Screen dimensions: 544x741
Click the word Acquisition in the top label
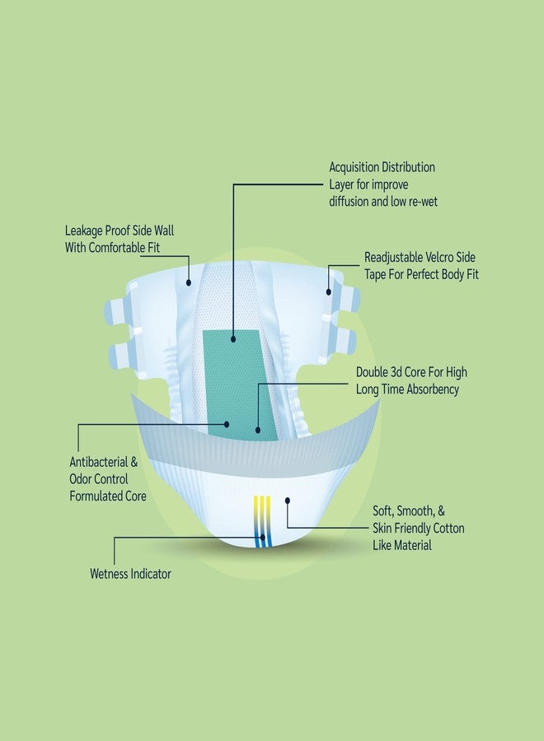coord(354,168)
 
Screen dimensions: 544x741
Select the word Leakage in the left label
coord(83,231)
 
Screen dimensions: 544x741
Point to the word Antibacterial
coord(98,462)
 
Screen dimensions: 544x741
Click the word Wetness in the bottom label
coord(108,574)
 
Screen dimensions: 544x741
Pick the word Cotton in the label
coord(447,528)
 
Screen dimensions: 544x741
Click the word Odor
coord(82,478)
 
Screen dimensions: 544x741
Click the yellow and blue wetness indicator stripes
coord(262,522)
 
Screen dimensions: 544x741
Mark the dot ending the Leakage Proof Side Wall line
coord(189,282)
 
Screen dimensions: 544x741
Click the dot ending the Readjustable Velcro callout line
coord(329,292)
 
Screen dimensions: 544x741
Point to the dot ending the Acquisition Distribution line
coord(233,339)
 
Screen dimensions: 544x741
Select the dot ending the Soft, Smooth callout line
coord(288,501)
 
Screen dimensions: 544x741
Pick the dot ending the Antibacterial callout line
coord(227,424)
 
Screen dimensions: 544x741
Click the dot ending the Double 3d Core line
coord(258,430)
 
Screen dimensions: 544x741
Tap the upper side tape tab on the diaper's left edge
coord(117,311)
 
